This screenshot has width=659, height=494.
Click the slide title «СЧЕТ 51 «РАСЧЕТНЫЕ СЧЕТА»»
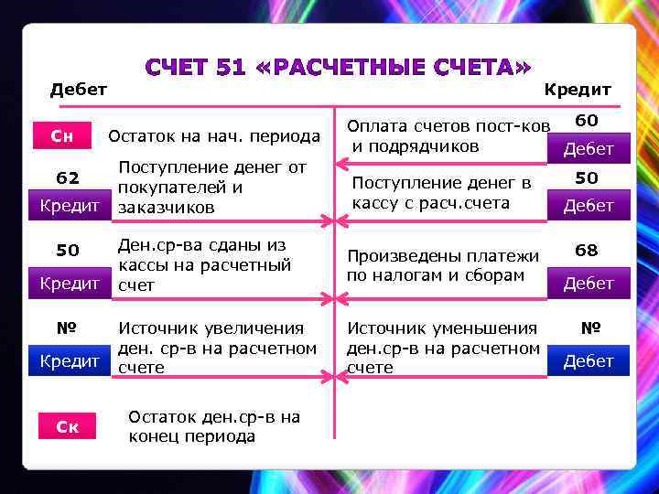point(339,68)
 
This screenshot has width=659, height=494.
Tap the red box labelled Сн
point(62,137)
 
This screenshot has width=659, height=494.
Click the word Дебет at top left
point(79,89)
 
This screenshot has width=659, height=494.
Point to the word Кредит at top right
point(578,89)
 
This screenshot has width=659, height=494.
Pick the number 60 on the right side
point(587,120)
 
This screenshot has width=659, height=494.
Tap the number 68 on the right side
point(587,250)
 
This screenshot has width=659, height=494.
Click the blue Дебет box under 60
point(589,148)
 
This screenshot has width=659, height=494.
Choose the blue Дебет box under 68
point(589,284)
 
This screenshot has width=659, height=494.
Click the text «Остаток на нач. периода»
point(214,137)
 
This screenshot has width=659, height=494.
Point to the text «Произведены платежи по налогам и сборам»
point(441,266)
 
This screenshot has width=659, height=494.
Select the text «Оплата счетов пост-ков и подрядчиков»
point(448,135)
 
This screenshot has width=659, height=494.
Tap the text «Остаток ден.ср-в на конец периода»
point(214,426)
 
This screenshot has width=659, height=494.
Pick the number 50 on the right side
point(587,177)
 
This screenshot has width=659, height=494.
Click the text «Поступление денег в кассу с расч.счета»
point(441,193)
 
